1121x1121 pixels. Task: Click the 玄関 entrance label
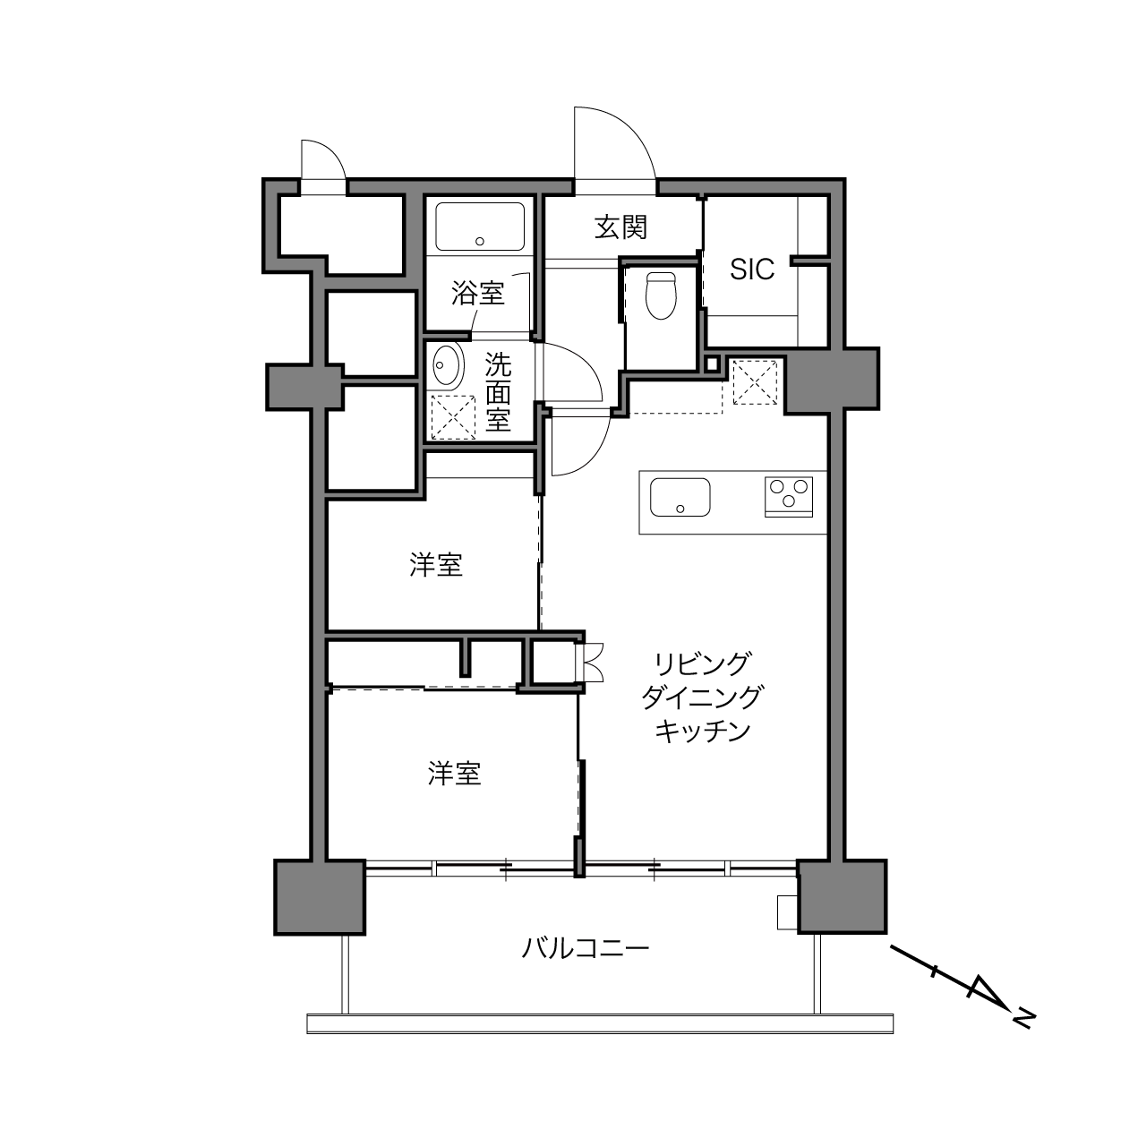[x=620, y=227]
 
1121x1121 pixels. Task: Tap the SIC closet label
[x=752, y=270]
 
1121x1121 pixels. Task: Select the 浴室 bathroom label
[x=477, y=293]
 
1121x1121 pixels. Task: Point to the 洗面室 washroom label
[x=499, y=391]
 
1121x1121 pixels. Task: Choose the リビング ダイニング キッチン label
[x=702, y=697]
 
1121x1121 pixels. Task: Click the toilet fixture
[x=662, y=295]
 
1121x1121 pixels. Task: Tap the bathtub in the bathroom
[x=480, y=227]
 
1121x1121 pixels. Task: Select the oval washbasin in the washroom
[x=447, y=365]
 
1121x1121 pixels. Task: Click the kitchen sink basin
[x=680, y=498]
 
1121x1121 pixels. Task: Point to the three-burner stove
[x=789, y=496]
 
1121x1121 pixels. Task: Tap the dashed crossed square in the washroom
[x=453, y=416]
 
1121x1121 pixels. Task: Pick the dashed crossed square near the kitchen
[x=755, y=382]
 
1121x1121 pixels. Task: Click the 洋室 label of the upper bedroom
[x=436, y=565]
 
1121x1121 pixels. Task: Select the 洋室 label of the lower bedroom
[x=454, y=774]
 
